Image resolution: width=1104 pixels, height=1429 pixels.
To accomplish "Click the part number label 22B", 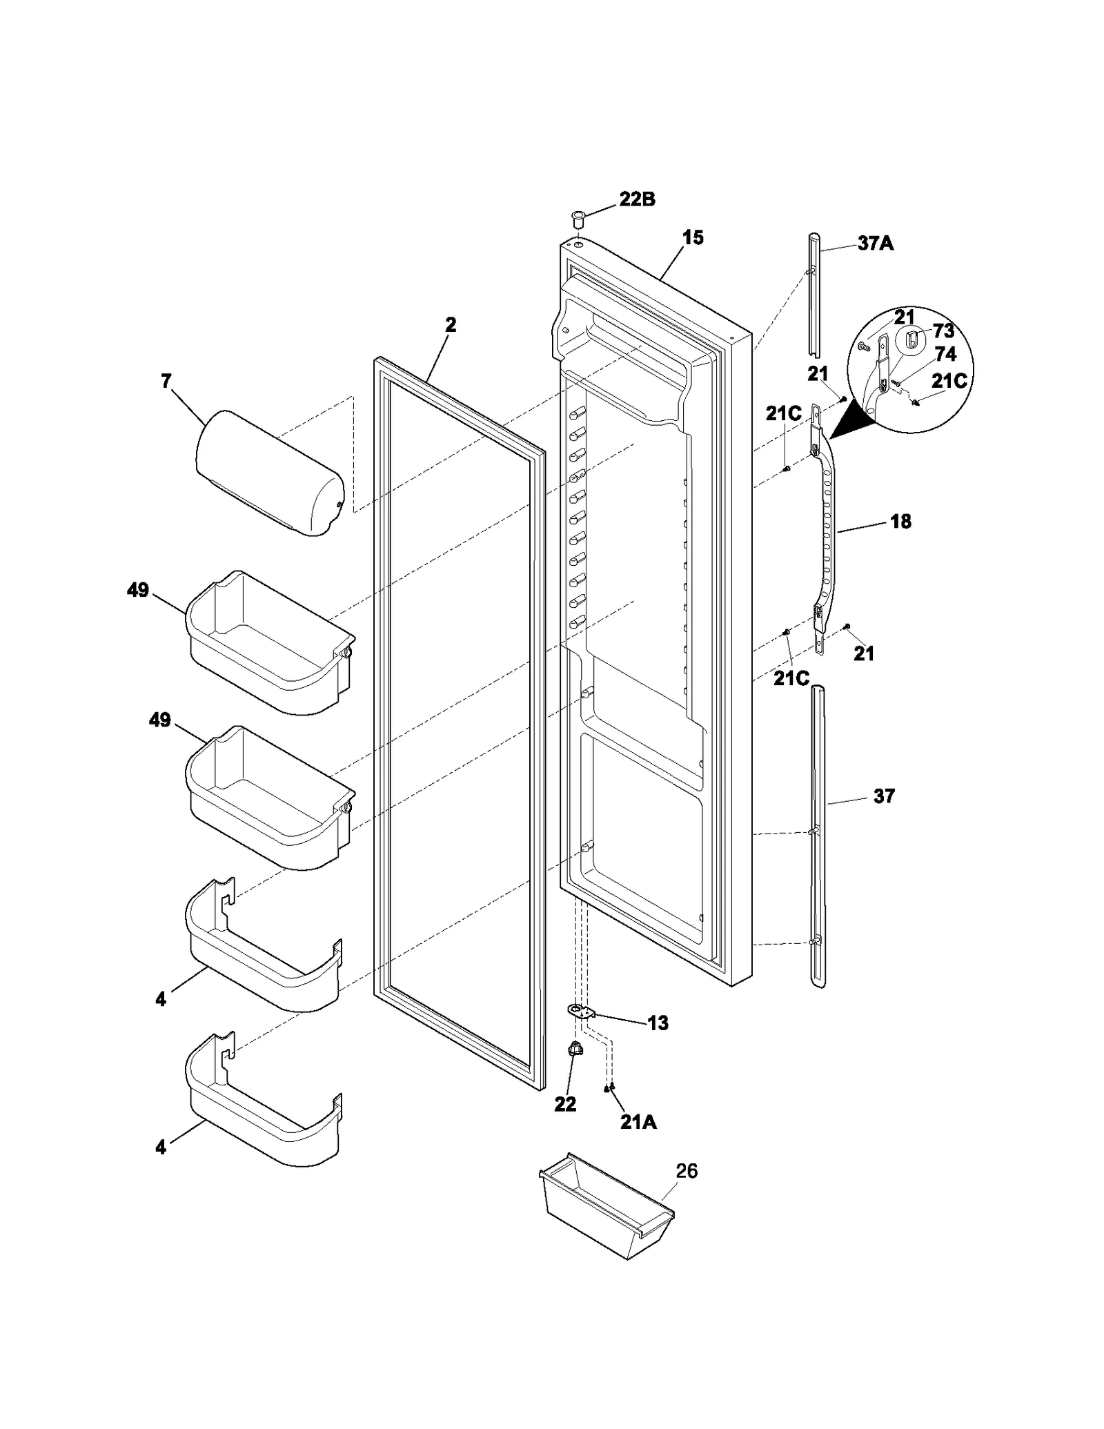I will pyautogui.click(x=637, y=199).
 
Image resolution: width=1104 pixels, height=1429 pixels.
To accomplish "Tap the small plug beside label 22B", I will pyautogui.click(x=577, y=221).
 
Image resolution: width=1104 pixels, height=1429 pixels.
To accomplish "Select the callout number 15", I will pyautogui.click(x=693, y=237).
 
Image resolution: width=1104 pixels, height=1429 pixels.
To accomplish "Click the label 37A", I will pyautogui.click(x=875, y=243).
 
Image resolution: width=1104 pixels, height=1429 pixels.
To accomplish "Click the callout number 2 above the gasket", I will pyautogui.click(x=451, y=324).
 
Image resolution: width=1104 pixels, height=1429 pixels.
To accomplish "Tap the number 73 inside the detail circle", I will pyautogui.click(x=943, y=331).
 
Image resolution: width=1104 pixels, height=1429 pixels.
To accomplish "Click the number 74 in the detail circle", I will pyautogui.click(x=945, y=354).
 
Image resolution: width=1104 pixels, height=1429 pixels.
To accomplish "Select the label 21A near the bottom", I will pyautogui.click(x=638, y=1123).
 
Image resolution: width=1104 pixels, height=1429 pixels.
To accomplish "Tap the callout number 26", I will pyautogui.click(x=687, y=1171).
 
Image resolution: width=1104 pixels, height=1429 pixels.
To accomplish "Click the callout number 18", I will pyautogui.click(x=900, y=522).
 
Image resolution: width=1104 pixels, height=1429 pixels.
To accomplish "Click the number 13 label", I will pyautogui.click(x=658, y=1023).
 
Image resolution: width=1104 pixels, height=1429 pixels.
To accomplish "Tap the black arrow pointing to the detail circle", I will pyautogui.click(x=847, y=422).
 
